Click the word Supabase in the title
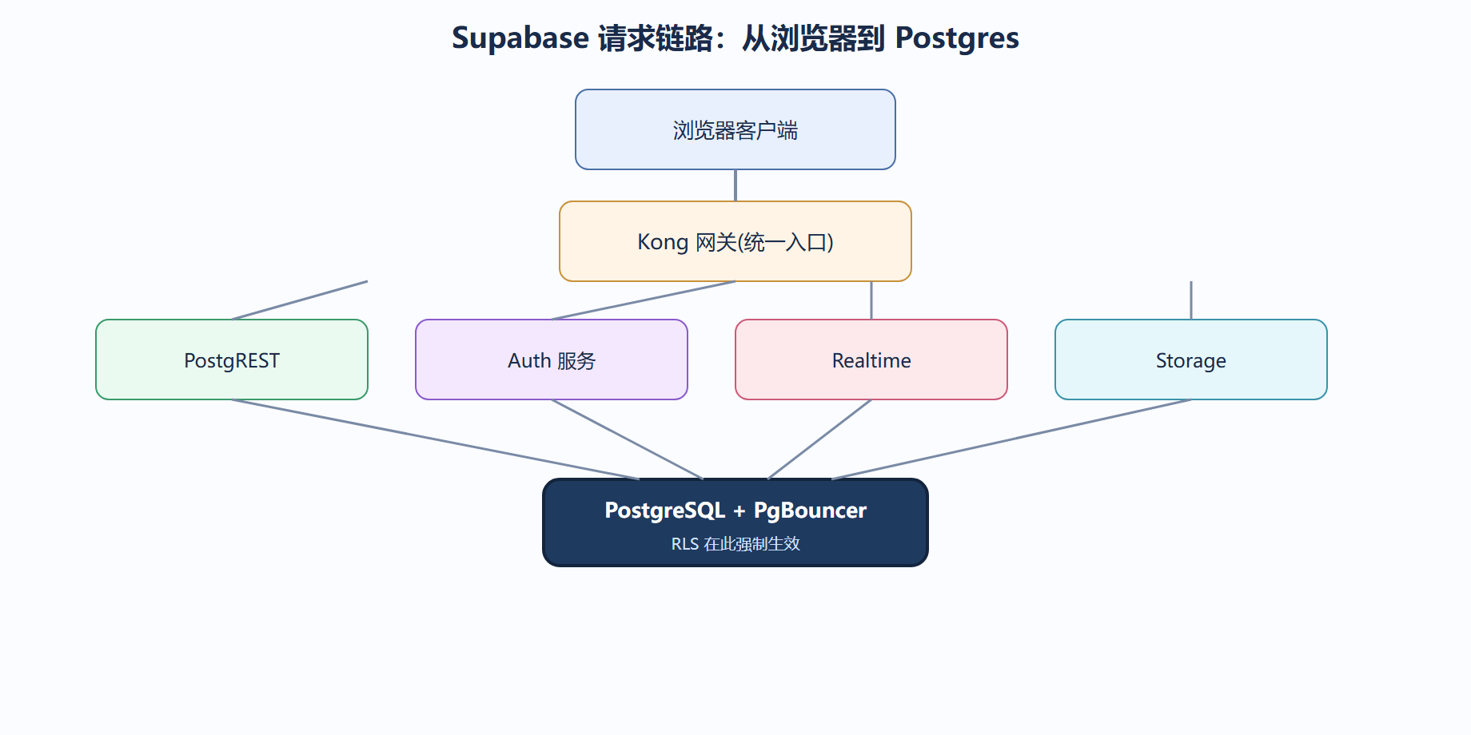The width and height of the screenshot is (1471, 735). click(x=520, y=38)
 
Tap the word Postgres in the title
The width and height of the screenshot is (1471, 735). click(x=957, y=38)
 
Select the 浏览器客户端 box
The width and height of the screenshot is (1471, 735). click(x=735, y=129)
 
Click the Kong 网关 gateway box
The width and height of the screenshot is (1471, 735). click(x=735, y=241)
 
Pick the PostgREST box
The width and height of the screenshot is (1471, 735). click(x=232, y=360)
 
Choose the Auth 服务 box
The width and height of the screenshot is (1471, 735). click(x=552, y=360)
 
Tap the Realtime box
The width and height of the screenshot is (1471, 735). click(x=871, y=360)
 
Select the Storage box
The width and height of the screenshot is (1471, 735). click(x=1191, y=360)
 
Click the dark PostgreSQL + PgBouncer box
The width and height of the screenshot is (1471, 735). click(x=735, y=522)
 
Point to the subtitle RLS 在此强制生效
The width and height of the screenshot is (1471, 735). click(x=735, y=544)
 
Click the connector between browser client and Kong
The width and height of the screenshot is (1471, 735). click(x=735, y=185)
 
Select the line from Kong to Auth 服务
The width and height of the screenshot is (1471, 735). click(x=644, y=300)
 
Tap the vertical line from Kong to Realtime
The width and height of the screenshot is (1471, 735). click(x=871, y=300)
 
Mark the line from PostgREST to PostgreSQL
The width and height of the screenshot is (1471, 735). click(x=436, y=439)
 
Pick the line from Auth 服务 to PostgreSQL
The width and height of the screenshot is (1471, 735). click(x=628, y=439)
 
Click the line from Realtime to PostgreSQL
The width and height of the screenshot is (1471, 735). click(x=819, y=439)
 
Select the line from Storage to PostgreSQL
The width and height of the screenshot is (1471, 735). click(x=1011, y=439)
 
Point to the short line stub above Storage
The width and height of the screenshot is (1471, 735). click(x=1191, y=300)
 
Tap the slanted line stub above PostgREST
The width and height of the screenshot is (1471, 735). click(x=300, y=300)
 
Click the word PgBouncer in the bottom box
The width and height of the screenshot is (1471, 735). click(x=810, y=511)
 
